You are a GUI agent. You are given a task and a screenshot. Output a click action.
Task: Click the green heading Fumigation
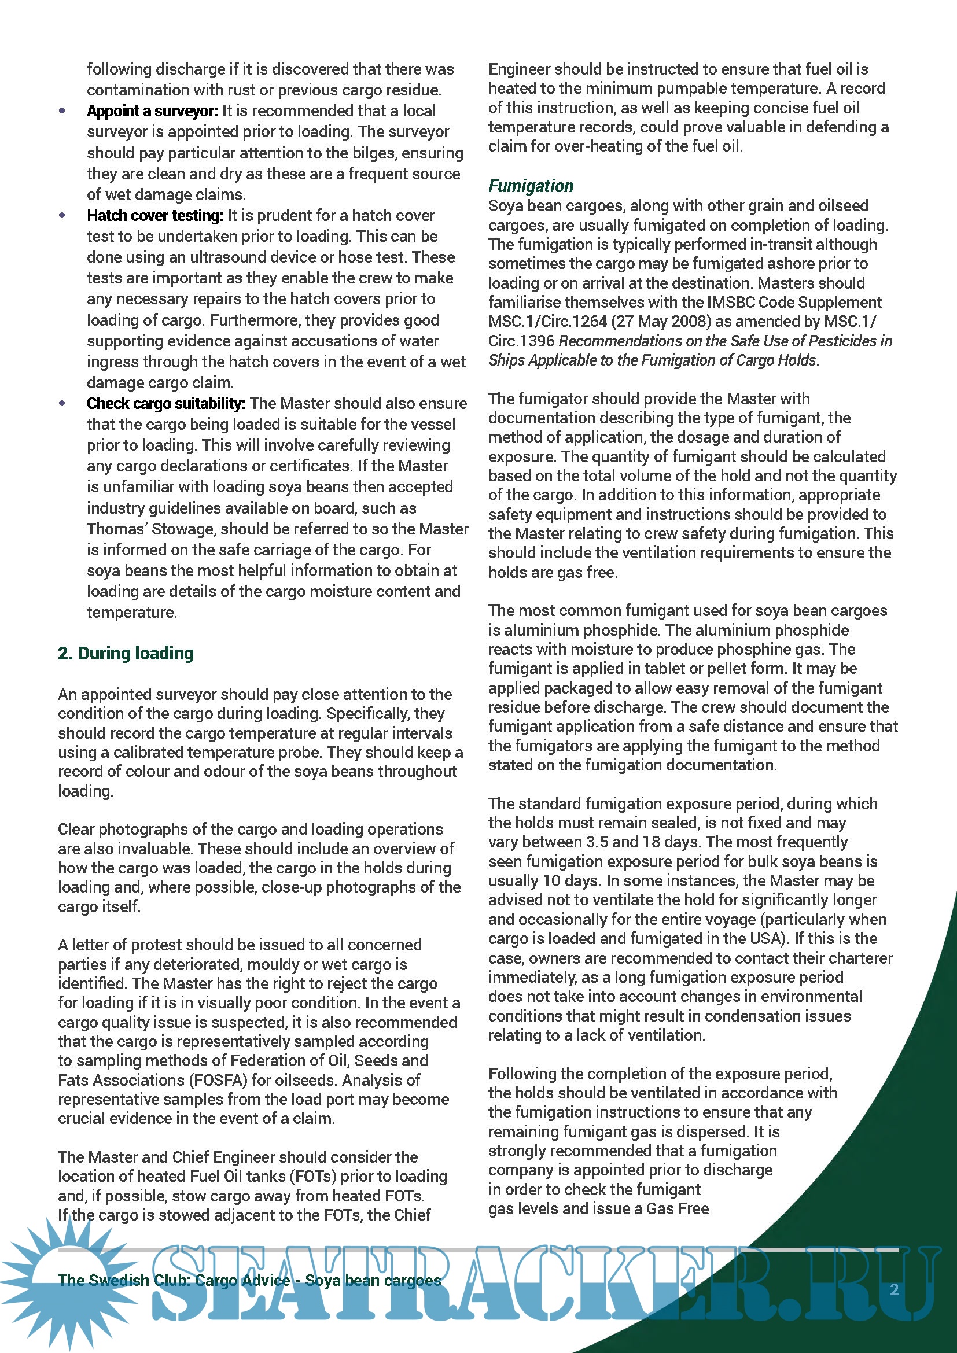coord(531,186)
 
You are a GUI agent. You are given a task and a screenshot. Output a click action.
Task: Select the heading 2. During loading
coord(126,654)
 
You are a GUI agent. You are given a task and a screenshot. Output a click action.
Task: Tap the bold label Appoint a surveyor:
coord(152,111)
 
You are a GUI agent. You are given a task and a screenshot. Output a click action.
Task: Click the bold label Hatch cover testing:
coord(154,216)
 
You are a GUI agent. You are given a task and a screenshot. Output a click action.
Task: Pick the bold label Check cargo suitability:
coord(165,404)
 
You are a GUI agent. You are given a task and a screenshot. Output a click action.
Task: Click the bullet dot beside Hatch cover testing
coord(62,216)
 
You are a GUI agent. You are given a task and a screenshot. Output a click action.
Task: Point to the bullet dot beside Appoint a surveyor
coord(62,111)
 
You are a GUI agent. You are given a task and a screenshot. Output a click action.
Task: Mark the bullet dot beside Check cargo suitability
coord(62,404)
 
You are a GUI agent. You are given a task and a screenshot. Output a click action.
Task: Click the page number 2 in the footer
coord(894,1290)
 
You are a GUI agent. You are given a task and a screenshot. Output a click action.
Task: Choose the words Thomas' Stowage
coord(151,529)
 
